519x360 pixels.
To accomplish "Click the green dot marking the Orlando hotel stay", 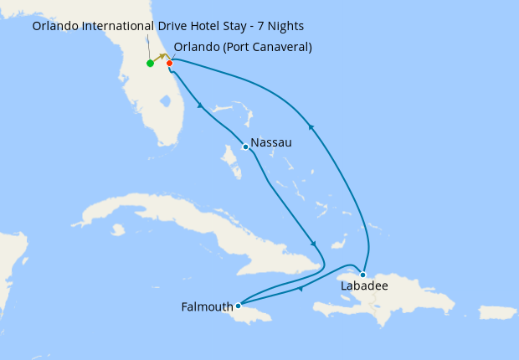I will click(150, 63).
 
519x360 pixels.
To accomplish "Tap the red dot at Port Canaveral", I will click(169, 63).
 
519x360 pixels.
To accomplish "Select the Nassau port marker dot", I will click(244, 147).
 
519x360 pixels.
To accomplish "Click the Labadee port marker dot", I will click(362, 275).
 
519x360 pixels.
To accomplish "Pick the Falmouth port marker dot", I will click(238, 306).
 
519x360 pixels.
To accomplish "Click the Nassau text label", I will click(271, 143).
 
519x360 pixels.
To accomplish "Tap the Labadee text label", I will click(364, 286).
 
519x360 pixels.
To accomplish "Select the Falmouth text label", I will click(207, 307).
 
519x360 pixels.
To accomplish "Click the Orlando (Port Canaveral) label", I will click(243, 47).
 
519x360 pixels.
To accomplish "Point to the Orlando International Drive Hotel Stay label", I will click(168, 26).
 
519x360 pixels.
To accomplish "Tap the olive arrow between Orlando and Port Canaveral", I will click(162, 57).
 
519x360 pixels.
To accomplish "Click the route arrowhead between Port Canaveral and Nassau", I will click(200, 106).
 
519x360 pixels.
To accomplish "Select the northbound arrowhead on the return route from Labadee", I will click(311, 126).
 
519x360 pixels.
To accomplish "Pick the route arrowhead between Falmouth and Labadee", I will click(300, 290).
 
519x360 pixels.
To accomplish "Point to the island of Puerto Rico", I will click(497, 312).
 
